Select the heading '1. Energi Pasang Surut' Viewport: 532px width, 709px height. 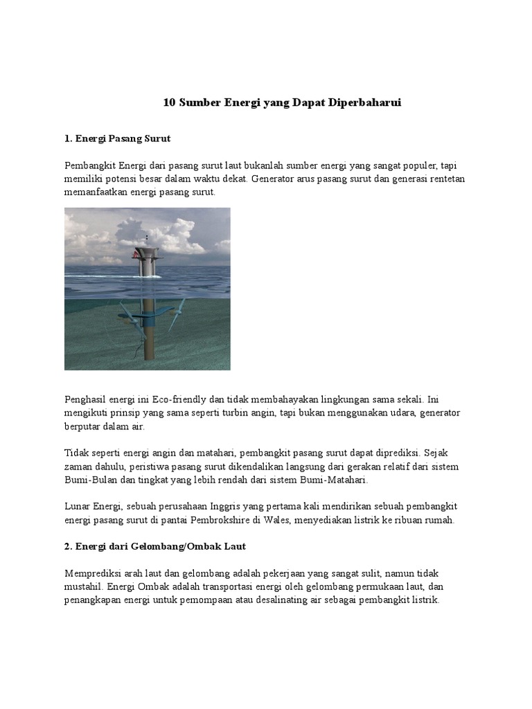[117, 138]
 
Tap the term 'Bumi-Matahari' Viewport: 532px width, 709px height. [335, 479]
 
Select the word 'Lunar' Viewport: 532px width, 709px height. [78, 507]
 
